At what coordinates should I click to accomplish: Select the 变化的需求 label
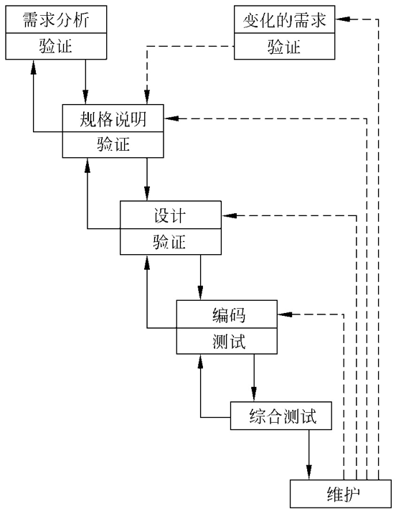[285, 20]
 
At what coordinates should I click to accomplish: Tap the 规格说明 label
[113, 118]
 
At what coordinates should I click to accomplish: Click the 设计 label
[170, 216]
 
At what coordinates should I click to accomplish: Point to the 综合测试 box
[282, 416]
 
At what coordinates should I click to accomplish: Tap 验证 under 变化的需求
[285, 47]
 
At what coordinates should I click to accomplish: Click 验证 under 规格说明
[113, 144]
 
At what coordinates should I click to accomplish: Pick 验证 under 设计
[170, 242]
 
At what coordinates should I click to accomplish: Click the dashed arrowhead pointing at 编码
[286, 314]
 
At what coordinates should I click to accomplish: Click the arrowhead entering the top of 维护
[309, 473]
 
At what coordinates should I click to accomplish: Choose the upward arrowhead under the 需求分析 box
[33, 67]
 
